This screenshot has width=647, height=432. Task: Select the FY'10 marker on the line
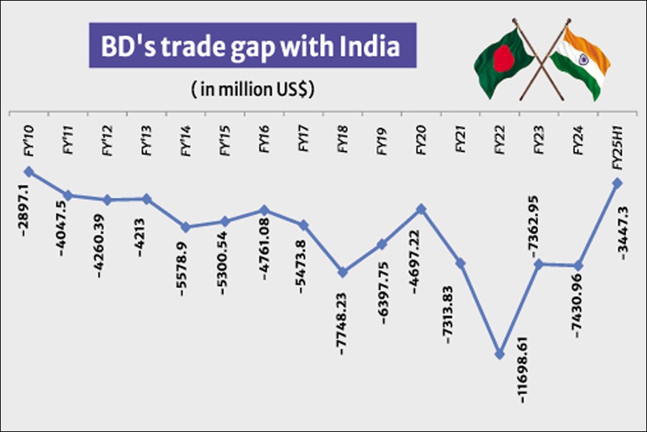29,171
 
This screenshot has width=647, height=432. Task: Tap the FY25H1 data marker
616,183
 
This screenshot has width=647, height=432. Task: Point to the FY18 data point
343,272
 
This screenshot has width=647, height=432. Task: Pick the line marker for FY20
422,209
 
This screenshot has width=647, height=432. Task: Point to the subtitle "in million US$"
254,90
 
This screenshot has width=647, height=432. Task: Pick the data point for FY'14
185,227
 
